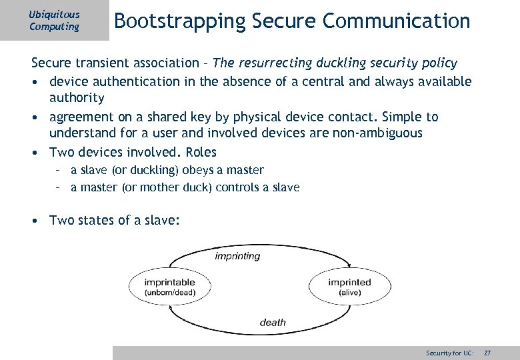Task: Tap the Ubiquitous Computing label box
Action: (x=54, y=20)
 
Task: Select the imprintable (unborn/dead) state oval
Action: (x=170, y=287)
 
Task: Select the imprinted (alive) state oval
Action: (x=349, y=287)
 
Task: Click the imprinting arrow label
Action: (x=237, y=256)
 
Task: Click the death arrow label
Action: (x=273, y=323)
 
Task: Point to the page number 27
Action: (x=487, y=352)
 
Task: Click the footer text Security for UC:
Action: (x=450, y=352)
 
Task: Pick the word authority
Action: (x=77, y=98)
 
